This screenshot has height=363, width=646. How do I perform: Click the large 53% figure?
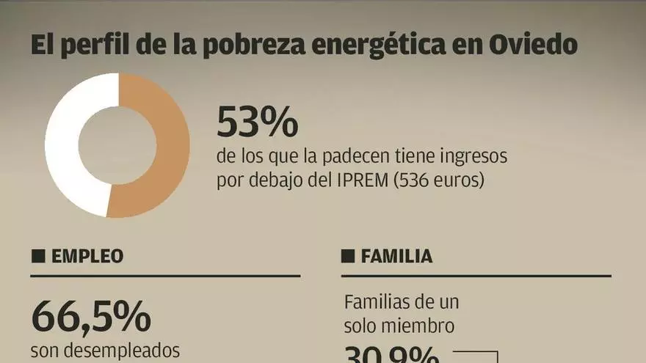(x=257, y=122)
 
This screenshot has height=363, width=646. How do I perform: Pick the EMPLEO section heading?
(x=87, y=256)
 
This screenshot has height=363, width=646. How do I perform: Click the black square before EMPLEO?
(x=38, y=256)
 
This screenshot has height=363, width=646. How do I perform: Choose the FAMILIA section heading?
(x=396, y=256)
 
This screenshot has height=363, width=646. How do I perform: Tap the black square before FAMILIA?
(x=348, y=256)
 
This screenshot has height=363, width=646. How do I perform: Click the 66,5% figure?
(x=91, y=317)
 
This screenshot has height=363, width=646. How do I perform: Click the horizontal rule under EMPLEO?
(x=165, y=276)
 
